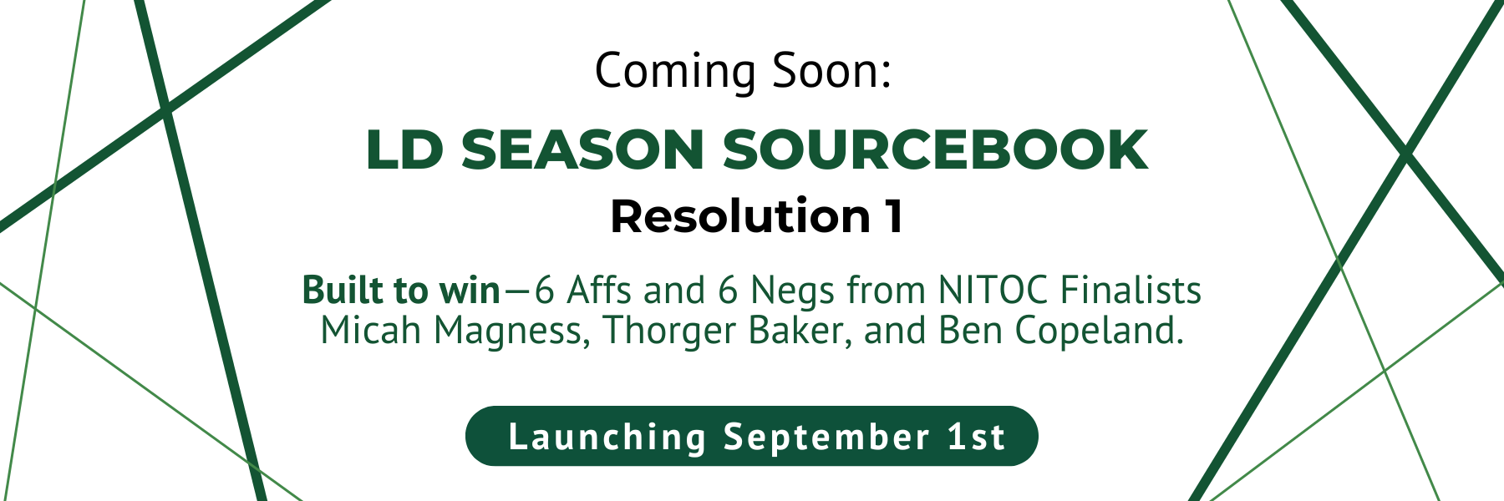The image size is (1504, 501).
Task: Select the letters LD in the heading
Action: click(404, 150)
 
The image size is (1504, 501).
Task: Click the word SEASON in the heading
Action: click(582, 150)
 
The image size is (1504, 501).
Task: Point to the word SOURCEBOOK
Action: click(935, 150)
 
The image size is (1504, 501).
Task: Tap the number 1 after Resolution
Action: click(893, 217)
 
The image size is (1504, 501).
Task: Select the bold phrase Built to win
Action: click(401, 291)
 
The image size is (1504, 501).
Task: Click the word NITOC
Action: click(993, 291)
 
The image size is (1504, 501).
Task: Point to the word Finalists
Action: click(1131, 291)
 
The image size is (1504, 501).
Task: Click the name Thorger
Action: click(669, 332)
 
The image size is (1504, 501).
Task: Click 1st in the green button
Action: click(976, 438)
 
